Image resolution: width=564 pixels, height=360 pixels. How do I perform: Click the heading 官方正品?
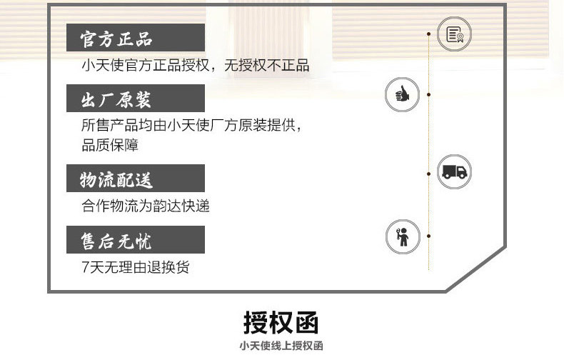pyautogui.click(x=116, y=38)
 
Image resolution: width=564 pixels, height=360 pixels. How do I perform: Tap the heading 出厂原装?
pyautogui.click(x=116, y=99)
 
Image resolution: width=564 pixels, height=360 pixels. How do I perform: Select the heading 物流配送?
pyautogui.click(x=116, y=179)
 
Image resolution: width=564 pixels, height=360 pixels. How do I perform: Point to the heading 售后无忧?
pyautogui.click(x=116, y=240)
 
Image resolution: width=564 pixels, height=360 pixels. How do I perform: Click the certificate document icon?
pyautogui.click(x=454, y=34)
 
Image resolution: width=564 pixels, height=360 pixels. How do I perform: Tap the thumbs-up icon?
pyautogui.click(x=402, y=94)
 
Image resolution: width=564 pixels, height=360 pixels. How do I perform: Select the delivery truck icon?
pyautogui.click(x=454, y=171)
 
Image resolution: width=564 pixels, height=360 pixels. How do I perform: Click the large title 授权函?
pyautogui.click(x=282, y=323)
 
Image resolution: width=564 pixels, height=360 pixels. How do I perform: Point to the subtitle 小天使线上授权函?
pyautogui.click(x=282, y=346)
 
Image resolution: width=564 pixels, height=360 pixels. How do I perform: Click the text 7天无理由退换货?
pyautogui.click(x=136, y=268)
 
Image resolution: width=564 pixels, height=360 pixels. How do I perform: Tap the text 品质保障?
pyautogui.click(x=110, y=145)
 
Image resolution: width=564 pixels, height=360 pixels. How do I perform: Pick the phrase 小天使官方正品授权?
pyautogui.click(x=146, y=66)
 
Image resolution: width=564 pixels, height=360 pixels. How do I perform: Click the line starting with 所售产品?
pyautogui.click(x=192, y=126)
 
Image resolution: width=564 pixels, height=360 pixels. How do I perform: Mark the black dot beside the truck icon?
pyautogui.click(x=428, y=172)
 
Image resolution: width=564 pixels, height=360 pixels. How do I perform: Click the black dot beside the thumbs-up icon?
pyautogui.click(x=428, y=94)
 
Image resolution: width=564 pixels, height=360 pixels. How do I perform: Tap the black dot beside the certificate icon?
pyautogui.click(x=428, y=34)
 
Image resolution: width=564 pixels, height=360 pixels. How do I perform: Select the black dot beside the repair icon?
pyautogui.click(x=428, y=235)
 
